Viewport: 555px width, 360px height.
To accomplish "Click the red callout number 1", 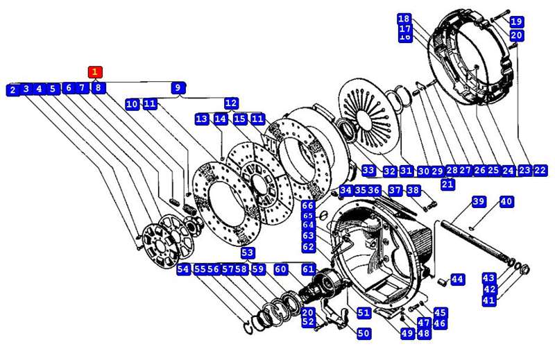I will (x=95, y=71).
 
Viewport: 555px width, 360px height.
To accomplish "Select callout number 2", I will (x=12, y=89).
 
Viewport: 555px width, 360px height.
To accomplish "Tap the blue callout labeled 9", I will (x=178, y=87).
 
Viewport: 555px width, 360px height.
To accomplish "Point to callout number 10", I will (x=133, y=104).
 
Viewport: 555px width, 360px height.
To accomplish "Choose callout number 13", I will (x=202, y=119).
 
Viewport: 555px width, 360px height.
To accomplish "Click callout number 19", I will (x=516, y=22).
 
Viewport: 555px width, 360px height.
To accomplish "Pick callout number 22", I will (x=540, y=170).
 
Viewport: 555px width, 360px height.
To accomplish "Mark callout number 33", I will (x=368, y=170).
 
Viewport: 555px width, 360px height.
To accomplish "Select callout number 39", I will (x=479, y=202).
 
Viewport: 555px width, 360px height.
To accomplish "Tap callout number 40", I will (x=506, y=202).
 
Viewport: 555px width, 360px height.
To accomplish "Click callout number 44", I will (x=456, y=279).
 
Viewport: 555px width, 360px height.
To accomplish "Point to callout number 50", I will (x=364, y=333).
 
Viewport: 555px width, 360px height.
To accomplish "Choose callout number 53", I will (x=248, y=253).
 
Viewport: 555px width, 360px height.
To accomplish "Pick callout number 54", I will (x=183, y=269).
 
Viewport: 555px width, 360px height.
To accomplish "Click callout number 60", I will (x=280, y=269).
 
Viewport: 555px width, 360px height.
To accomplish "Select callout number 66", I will (x=308, y=205).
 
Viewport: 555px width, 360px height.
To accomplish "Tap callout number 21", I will (x=447, y=184).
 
